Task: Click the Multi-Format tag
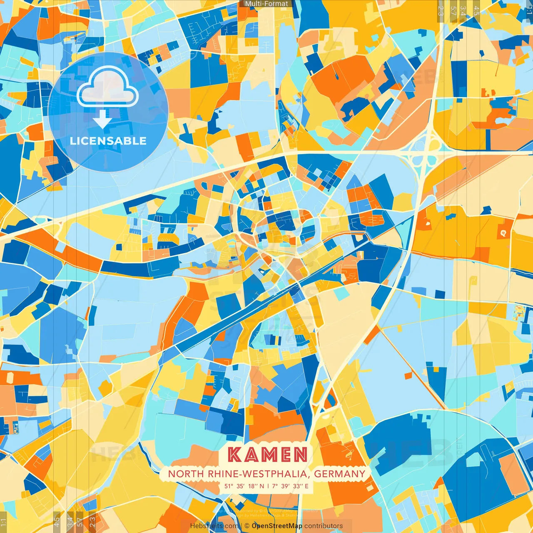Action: tap(266, 4)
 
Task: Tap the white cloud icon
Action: tap(107, 87)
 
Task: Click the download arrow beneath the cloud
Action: tap(102, 119)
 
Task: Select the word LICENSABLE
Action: tap(108, 141)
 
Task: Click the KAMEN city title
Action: tap(268, 455)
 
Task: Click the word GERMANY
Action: tap(339, 474)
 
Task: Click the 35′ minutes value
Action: tap(241, 486)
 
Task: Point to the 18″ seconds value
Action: tap(252, 486)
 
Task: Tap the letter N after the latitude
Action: tap(262, 486)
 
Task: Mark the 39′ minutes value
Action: tap(286, 486)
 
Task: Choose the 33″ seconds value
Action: tap(297, 486)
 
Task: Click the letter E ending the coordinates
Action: tap(306, 486)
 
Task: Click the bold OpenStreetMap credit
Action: tap(277, 526)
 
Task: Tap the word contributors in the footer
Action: tap(324, 526)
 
